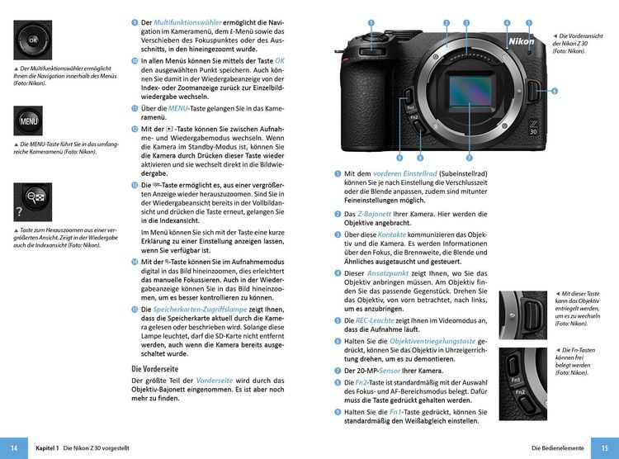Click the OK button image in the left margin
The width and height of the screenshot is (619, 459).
coord(33,40)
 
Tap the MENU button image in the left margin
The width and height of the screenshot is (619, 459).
coord(32,122)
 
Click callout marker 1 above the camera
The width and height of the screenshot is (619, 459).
coord(371,23)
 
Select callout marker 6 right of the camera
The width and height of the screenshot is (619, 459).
coord(554,91)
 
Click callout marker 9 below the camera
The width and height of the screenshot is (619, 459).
coord(399,157)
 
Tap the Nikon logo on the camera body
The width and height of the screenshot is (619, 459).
coord(520,41)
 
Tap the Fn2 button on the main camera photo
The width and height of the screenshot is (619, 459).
coord(414,117)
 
